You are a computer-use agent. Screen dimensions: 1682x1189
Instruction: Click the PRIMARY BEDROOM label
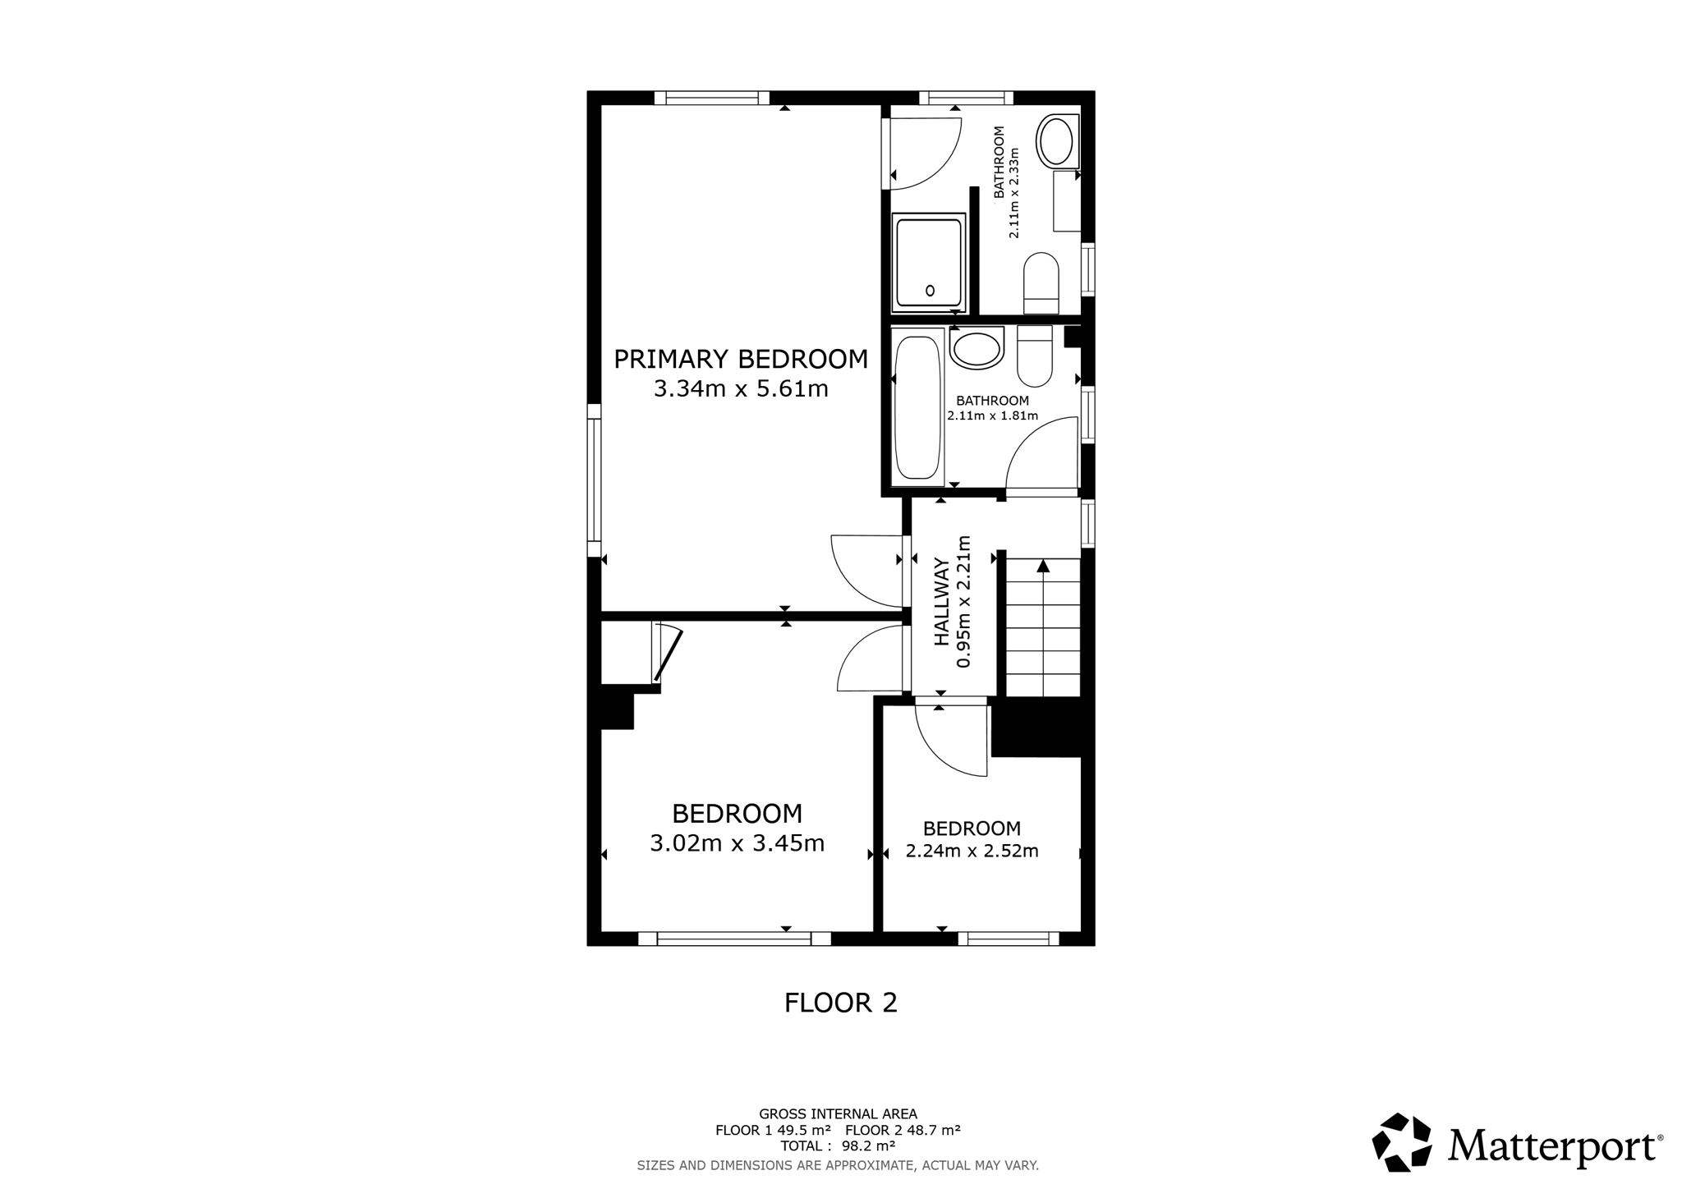tap(741, 360)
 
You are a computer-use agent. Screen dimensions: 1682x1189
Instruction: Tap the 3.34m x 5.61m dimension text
tap(741, 388)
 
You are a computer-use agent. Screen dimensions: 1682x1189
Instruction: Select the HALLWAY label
tap(941, 602)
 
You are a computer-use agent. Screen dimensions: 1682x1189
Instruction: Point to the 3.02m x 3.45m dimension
tap(738, 843)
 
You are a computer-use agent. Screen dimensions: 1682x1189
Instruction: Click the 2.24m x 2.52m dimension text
tap(972, 851)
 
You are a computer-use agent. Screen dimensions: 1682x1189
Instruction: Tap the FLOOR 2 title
tap(841, 1003)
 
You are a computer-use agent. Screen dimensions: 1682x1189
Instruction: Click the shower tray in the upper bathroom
tap(928, 262)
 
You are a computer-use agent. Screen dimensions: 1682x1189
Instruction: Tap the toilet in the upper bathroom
tap(1041, 283)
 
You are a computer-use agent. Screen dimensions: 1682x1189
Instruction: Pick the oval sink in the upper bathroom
tap(1056, 141)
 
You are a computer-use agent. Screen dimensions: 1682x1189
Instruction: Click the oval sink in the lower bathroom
tap(977, 348)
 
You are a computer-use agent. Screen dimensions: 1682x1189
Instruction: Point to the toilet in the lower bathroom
tap(1035, 356)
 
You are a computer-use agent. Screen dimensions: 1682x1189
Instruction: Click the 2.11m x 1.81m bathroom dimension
tap(993, 415)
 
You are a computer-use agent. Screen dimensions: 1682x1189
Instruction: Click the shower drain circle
tap(931, 290)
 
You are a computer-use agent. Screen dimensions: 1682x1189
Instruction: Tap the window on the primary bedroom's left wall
tap(594, 480)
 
